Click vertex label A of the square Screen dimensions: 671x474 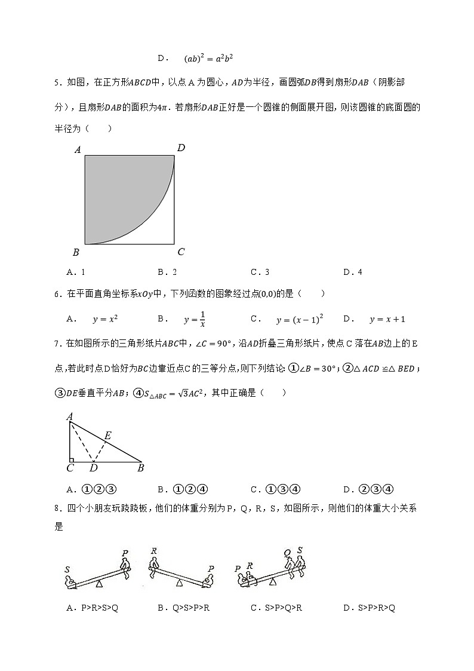click(78, 151)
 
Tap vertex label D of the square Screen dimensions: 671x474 click(181, 148)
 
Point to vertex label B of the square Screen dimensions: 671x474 click(76, 252)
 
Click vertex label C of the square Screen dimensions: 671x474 click(181, 252)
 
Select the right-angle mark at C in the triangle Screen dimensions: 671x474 click(72, 460)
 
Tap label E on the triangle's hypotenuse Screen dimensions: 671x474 click(107, 436)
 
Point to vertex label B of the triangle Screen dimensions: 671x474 click(140, 468)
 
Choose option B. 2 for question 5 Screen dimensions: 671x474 click(167, 272)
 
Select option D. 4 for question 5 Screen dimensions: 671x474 click(353, 272)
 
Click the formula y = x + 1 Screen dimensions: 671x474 click(387, 319)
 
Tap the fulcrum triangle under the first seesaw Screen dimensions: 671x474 click(99, 583)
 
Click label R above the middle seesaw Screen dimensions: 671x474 click(154, 551)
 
